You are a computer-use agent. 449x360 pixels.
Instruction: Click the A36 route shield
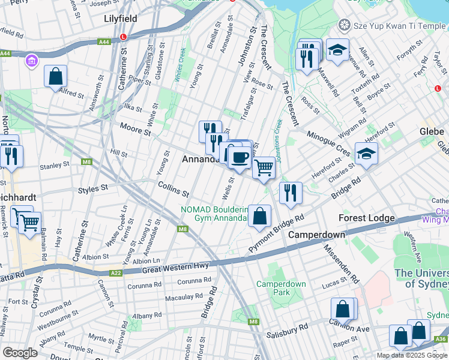pyautogui.click(x=441, y=339)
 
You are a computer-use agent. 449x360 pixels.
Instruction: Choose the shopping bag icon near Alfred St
pyautogui.click(x=55, y=76)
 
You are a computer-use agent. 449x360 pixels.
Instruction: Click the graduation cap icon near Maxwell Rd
pyautogui.click(x=338, y=50)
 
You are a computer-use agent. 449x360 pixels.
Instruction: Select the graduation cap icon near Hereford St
pyautogui.click(x=366, y=154)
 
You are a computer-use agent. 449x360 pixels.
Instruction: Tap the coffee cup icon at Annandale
pyautogui.click(x=240, y=157)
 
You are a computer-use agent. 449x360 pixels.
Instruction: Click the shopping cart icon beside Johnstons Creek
pyautogui.click(x=264, y=168)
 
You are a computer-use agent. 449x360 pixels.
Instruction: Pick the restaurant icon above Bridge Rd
pyautogui.click(x=290, y=193)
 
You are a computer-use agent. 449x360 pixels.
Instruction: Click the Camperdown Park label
pyautogui.click(x=281, y=288)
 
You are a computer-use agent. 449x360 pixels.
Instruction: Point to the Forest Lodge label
pyautogui.click(x=366, y=218)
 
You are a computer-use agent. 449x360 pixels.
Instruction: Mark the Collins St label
pyautogui.click(x=174, y=190)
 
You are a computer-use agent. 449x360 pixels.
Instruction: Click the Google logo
pyautogui.click(x=20, y=352)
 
